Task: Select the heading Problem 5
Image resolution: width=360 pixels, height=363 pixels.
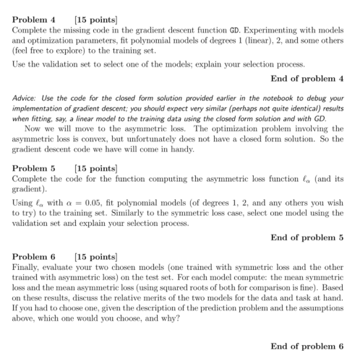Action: pyautogui.click(x=34, y=168)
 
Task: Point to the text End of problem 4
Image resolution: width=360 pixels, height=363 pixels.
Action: pyautogui.click(x=307, y=78)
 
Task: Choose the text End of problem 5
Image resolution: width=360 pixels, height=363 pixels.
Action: pyautogui.click(x=307, y=237)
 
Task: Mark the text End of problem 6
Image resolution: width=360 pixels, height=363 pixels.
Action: pyautogui.click(x=307, y=346)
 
